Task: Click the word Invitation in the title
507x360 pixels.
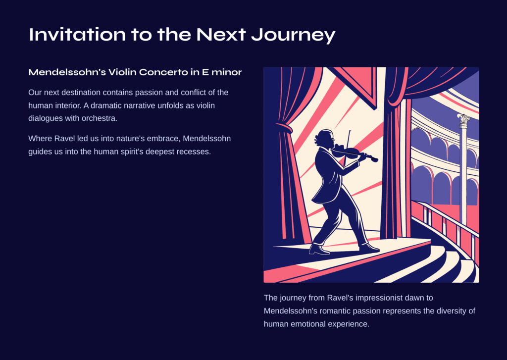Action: (x=77, y=34)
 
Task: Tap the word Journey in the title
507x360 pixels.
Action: (x=293, y=35)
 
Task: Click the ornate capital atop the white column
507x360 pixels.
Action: (x=463, y=119)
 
